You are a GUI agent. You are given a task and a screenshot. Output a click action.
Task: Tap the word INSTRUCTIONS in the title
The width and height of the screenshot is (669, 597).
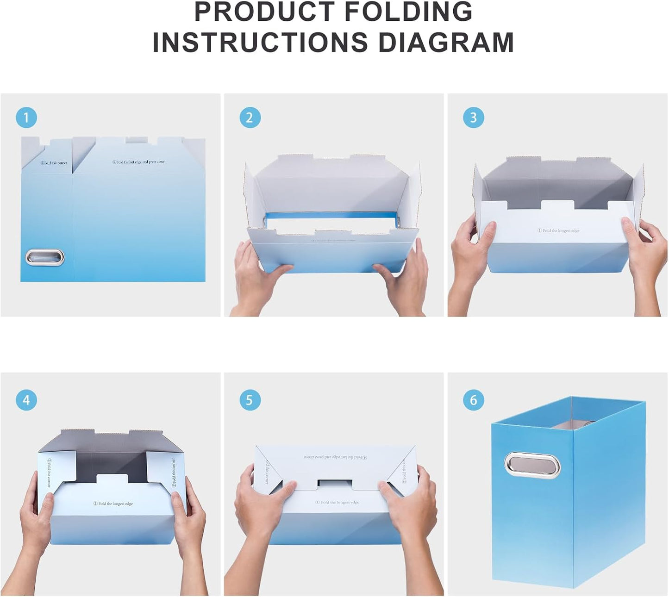pos(260,43)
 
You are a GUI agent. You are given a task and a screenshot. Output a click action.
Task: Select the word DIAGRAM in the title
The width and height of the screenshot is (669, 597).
pos(446,43)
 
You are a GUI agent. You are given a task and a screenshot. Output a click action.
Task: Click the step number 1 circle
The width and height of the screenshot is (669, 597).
pos(26,118)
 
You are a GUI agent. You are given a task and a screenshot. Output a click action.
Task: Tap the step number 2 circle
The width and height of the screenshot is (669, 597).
pos(250,118)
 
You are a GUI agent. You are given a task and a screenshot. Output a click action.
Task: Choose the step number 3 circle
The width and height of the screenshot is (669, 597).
pos(473,118)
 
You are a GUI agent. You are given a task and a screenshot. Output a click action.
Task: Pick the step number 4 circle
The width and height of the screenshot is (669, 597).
pos(26,400)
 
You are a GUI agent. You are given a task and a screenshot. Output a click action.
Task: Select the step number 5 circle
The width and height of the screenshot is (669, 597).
pos(250,400)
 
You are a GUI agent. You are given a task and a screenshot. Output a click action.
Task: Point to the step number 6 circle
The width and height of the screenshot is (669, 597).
pos(473,400)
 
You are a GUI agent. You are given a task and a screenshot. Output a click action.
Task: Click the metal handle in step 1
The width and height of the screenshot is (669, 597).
pos(45,257)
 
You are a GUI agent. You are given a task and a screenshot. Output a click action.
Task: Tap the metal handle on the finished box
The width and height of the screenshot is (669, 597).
pos(532,465)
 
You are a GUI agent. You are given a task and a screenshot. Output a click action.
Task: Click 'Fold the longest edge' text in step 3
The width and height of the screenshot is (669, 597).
pos(558,230)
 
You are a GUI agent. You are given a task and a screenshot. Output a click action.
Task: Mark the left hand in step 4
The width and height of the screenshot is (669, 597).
pos(37,518)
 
